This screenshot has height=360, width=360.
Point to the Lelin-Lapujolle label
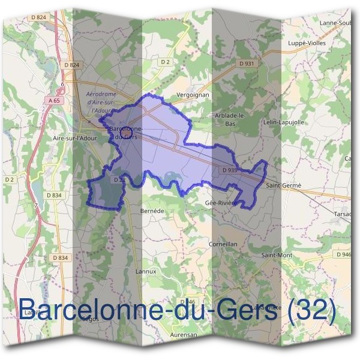[x=284, y=122]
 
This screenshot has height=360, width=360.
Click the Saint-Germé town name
[x=283, y=187]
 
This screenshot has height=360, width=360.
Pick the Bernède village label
[x=151, y=211]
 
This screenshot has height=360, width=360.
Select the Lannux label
[x=146, y=271]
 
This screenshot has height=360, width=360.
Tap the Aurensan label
[x=184, y=335]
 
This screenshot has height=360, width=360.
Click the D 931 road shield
[x=247, y=63]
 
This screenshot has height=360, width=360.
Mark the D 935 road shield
[x=229, y=170]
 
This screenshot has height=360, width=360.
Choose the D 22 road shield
[x=118, y=179]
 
